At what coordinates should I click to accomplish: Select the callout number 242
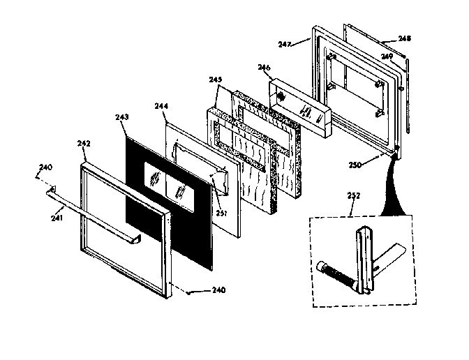tap(84, 143)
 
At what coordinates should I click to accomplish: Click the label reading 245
tap(215, 80)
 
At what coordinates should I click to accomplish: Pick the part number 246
tap(264, 68)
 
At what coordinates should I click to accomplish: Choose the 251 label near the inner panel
tap(221, 193)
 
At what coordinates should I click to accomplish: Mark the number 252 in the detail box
tap(354, 196)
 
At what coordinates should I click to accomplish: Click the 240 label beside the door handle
tap(45, 167)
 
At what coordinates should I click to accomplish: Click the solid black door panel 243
tap(140, 209)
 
